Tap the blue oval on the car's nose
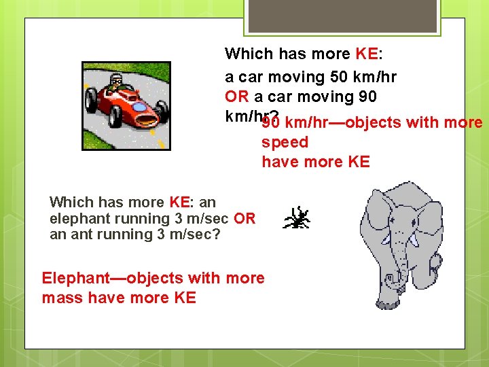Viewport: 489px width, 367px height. pyautogui.click(x=139, y=107)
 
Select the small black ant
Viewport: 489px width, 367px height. pyautogui.click(x=297, y=217)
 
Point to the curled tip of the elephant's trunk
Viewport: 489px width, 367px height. pyautogui.click(x=393, y=278)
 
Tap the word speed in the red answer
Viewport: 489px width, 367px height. pyautogui.click(x=285, y=143)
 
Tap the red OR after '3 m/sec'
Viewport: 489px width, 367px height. pyautogui.click(x=244, y=219)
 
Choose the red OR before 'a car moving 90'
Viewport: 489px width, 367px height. pyautogui.click(x=237, y=97)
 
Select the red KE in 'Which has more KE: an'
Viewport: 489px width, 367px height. pyautogui.click(x=179, y=203)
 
